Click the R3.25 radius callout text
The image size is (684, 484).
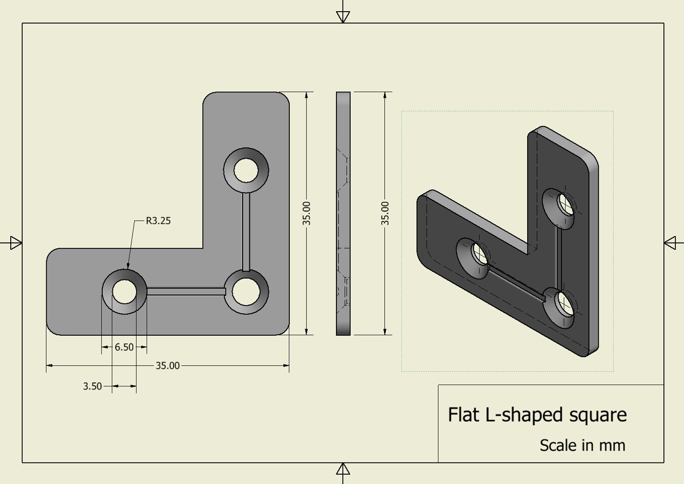[x=158, y=220]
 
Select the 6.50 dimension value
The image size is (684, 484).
[x=124, y=347]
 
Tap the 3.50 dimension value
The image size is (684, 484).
[x=92, y=386]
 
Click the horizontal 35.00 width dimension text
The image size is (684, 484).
[x=167, y=366]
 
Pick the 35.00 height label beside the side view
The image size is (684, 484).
[x=385, y=213]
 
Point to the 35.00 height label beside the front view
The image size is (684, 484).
[x=306, y=213]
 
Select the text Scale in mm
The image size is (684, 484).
[x=582, y=445]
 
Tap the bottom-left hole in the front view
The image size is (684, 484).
[x=124, y=292]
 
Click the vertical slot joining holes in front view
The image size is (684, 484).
[x=246, y=231]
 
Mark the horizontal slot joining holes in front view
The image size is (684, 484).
[x=185, y=292]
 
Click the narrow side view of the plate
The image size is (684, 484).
[x=343, y=213]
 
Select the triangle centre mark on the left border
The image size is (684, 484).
[x=16, y=243]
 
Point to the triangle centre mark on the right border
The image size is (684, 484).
[x=670, y=243]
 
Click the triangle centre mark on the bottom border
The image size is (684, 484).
[x=343, y=469]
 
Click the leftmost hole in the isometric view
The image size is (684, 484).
[x=479, y=254]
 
